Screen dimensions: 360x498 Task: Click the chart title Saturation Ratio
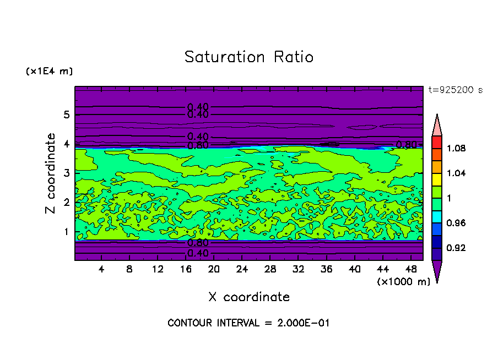[x=249, y=57]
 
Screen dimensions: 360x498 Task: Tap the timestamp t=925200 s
[x=455, y=90]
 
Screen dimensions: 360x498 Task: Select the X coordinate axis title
[x=249, y=297]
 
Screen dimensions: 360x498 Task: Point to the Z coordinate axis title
[x=51, y=173]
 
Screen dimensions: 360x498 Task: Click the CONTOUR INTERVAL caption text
[x=248, y=323]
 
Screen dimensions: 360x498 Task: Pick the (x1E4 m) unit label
[x=49, y=71]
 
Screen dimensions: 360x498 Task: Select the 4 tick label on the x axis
[x=101, y=269]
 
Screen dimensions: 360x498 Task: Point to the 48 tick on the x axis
[x=411, y=269]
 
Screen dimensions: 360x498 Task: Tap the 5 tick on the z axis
[x=66, y=114]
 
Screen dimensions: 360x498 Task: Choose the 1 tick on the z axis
[x=66, y=232]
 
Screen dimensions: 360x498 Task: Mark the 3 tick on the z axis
[x=66, y=173]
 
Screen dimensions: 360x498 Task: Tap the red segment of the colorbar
[x=437, y=142]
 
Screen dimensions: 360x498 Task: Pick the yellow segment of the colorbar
[x=437, y=179]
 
